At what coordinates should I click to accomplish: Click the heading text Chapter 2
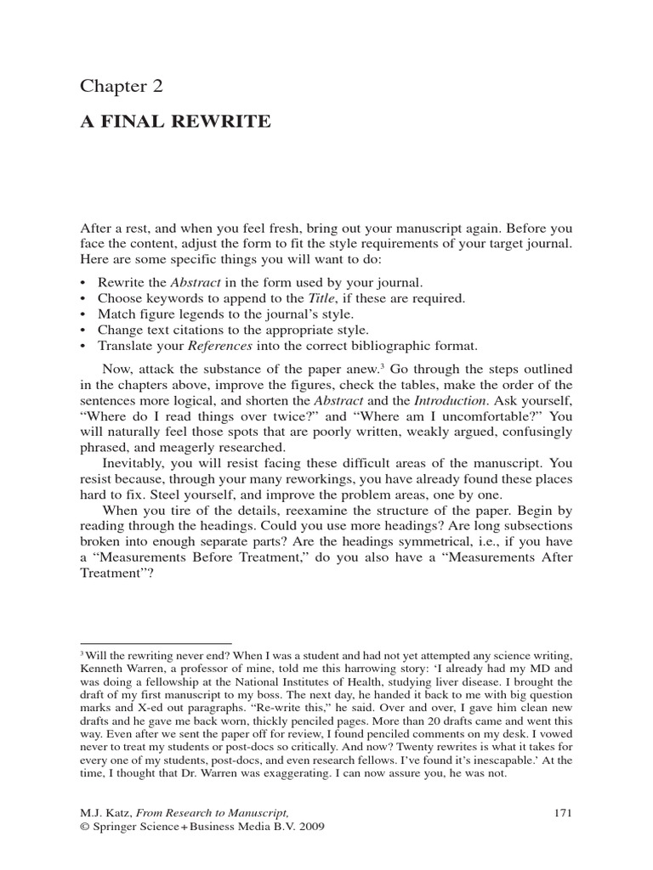tap(121, 86)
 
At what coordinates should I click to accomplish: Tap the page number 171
tap(563, 812)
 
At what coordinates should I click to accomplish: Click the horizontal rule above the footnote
tap(156, 643)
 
